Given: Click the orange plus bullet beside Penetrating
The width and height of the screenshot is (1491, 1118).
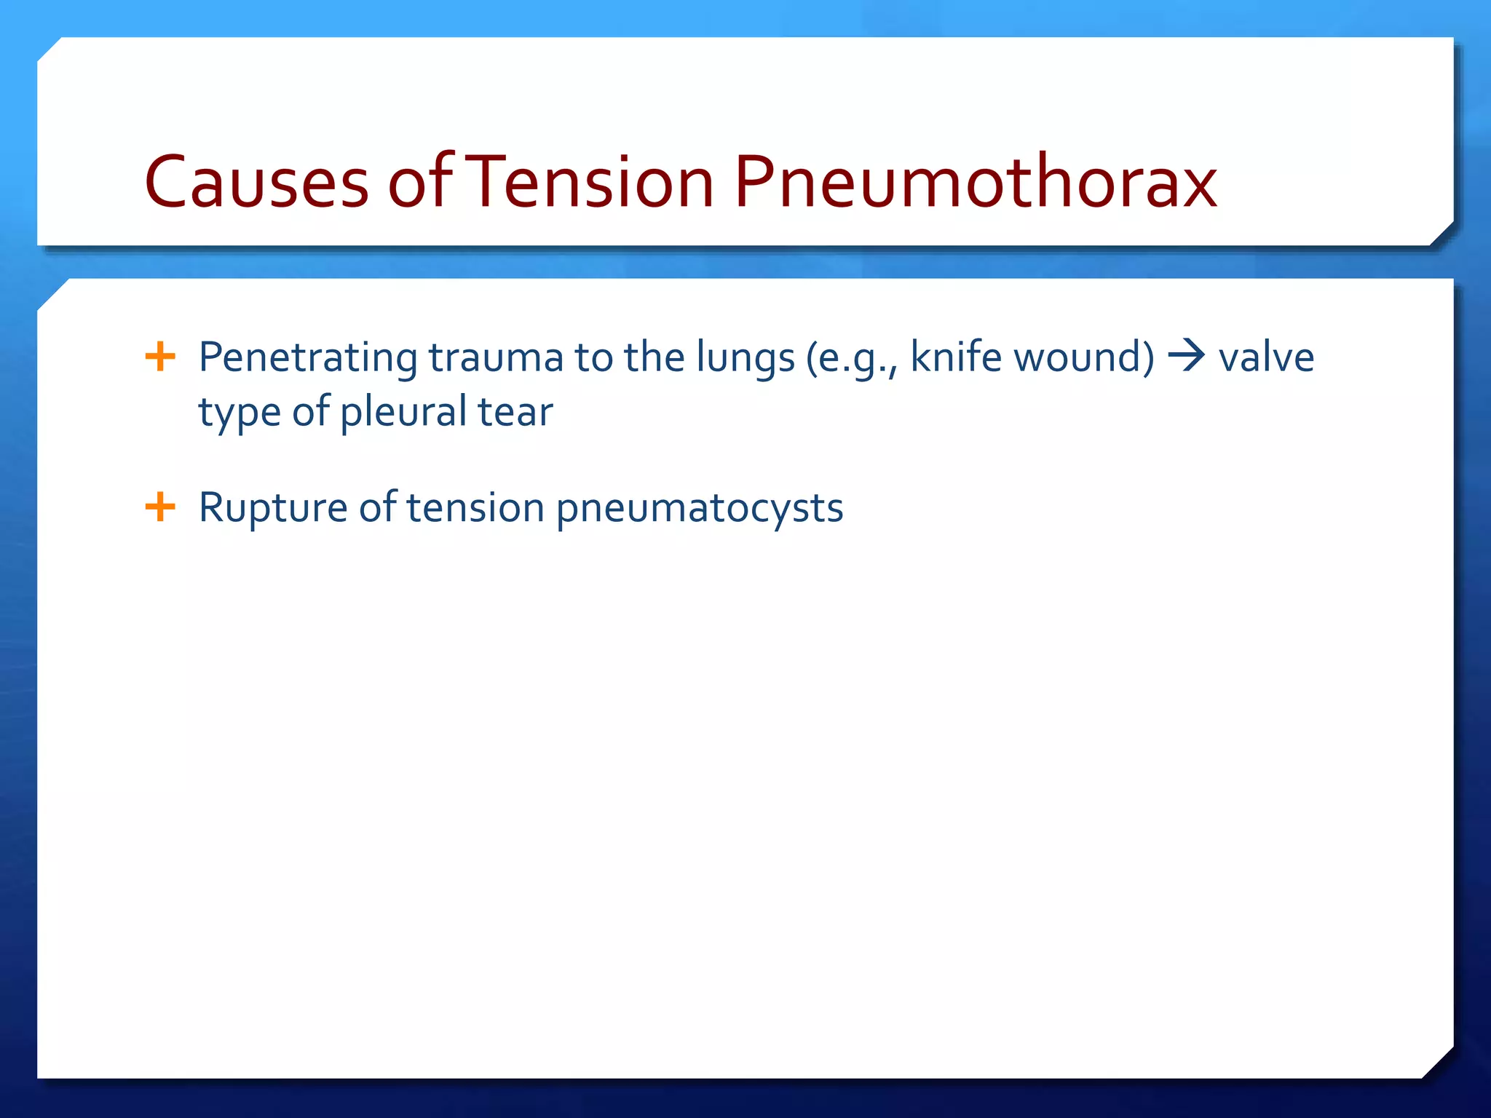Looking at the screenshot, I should (160, 357).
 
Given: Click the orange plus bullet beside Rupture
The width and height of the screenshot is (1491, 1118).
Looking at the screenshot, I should (160, 507).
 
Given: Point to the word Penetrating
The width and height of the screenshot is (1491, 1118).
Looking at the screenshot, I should (308, 358).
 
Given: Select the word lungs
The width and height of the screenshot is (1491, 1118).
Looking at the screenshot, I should (745, 358).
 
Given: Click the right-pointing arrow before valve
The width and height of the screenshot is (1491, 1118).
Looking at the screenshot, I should (1187, 357).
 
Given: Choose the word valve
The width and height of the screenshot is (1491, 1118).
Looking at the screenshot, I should (1266, 357).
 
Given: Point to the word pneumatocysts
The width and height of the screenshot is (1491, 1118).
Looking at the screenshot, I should (699, 508).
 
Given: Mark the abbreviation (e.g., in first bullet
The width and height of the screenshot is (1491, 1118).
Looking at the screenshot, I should (852, 358).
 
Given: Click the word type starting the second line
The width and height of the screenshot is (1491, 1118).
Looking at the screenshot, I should (240, 413).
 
